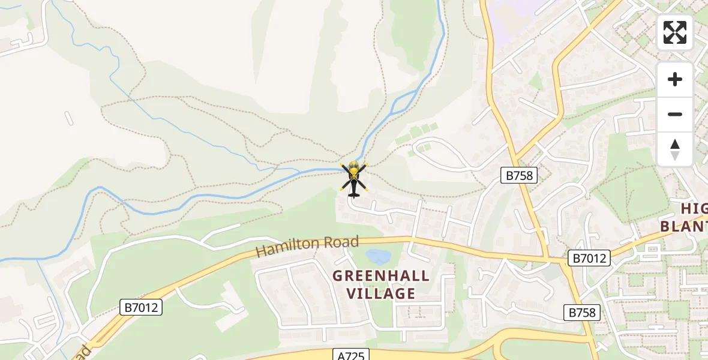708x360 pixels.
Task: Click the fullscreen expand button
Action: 675,32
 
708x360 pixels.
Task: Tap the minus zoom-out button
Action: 675,114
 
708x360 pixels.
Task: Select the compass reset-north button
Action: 675,149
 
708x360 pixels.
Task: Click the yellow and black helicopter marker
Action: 353,178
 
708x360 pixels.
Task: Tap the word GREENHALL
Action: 382,276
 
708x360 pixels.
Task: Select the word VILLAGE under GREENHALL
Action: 382,293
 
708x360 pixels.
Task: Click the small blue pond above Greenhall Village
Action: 378,257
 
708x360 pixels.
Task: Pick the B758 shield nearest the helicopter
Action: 518,175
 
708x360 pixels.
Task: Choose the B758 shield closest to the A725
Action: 582,312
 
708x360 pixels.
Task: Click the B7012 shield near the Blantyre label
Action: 589,259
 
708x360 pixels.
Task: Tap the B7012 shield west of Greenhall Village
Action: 142,308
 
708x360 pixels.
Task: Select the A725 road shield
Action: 350,355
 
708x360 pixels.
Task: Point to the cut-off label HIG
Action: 694,209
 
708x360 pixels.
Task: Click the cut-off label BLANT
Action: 684,227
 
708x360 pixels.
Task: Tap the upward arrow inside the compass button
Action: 675,145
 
